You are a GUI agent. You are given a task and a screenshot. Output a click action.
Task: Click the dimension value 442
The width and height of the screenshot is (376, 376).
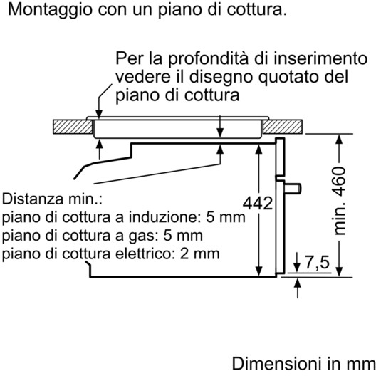click(258, 204)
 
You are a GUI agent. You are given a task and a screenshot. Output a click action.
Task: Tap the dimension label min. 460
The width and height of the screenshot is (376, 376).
click(339, 201)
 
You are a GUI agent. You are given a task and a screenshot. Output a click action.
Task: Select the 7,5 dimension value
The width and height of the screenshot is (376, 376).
click(318, 262)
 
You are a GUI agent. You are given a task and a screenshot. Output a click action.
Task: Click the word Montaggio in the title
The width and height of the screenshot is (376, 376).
click(50, 10)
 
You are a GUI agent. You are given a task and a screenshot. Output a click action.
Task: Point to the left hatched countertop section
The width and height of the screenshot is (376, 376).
click(73, 127)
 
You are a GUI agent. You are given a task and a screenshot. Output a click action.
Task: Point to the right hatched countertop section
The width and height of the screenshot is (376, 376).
click(283, 127)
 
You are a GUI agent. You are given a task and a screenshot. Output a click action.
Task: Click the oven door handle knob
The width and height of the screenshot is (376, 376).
click(293, 188)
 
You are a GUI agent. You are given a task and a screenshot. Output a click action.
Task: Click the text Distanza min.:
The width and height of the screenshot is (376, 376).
click(52, 199)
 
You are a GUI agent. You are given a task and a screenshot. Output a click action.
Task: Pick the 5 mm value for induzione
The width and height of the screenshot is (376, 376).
click(226, 217)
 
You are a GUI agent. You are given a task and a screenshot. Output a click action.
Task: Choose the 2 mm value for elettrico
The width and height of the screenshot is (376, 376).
click(199, 254)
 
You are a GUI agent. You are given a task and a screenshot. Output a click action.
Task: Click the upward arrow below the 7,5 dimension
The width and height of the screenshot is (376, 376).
click(298, 288)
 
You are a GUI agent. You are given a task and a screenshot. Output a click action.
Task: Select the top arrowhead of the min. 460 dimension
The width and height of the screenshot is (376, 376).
click(338, 139)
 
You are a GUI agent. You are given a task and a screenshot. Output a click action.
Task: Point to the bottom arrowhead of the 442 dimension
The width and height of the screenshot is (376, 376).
click(258, 271)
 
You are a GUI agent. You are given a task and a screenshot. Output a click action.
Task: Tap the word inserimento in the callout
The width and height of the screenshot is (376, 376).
click(320, 58)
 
